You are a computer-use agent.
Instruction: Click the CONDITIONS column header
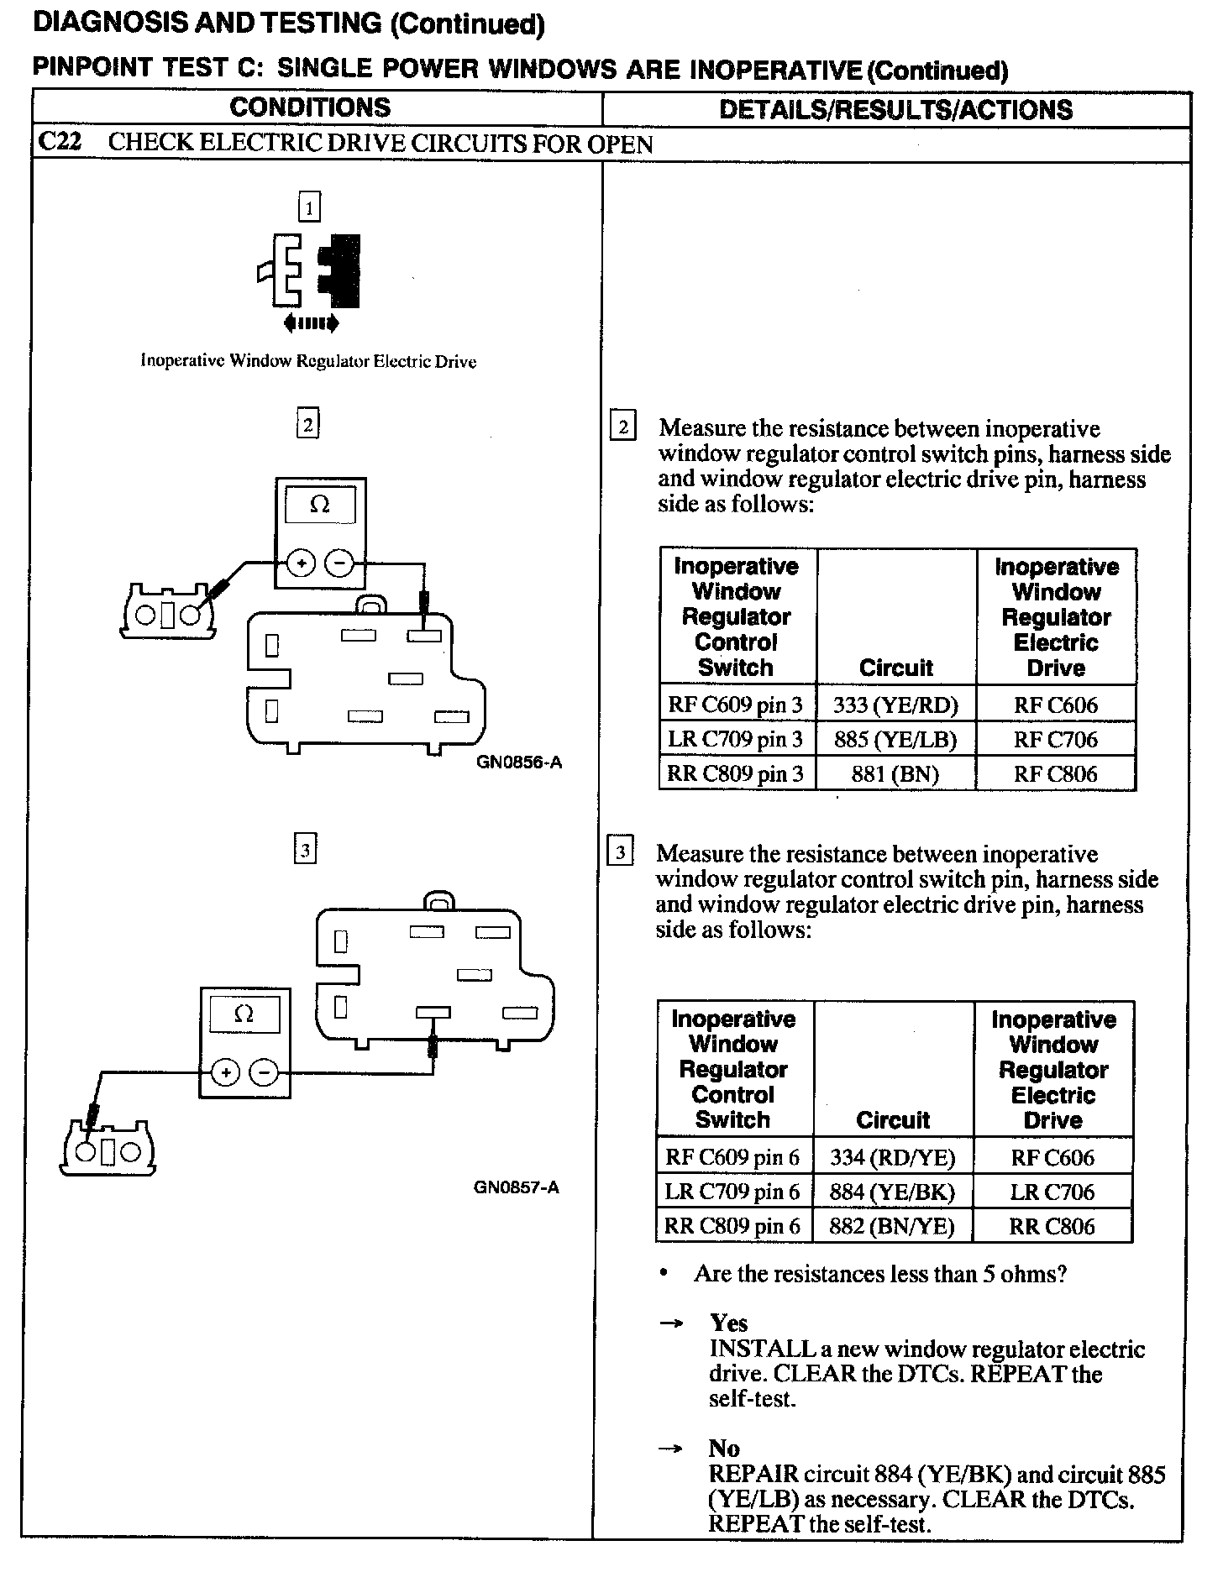(x=310, y=107)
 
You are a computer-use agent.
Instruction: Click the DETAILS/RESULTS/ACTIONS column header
(x=895, y=109)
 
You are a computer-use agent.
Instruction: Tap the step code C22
(x=60, y=142)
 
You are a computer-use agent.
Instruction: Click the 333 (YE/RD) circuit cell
(x=895, y=705)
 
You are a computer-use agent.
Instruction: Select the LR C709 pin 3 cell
(x=735, y=739)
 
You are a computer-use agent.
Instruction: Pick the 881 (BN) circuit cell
(x=895, y=773)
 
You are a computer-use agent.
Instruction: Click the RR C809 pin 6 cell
(x=732, y=1226)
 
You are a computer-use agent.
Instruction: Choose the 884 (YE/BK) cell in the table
(x=892, y=1192)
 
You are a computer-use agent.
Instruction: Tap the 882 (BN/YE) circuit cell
(x=892, y=1226)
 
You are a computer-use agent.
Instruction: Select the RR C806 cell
(x=1052, y=1226)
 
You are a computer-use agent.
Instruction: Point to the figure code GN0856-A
(x=519, y=762)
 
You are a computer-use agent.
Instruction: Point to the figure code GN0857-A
(x=517, y=1187)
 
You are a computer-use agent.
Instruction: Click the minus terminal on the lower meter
(x=265, y=1072)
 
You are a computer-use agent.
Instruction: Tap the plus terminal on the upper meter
(x=301, y=563)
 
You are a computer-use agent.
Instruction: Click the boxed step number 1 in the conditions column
(x=310, y=207)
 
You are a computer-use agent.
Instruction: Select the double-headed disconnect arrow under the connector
(x=312, y=322)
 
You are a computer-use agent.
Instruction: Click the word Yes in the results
(x=728, y=1323)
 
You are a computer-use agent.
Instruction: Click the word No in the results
(x=724, y=1449)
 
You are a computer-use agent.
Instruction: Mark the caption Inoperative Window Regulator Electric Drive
(x=308, y=361)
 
